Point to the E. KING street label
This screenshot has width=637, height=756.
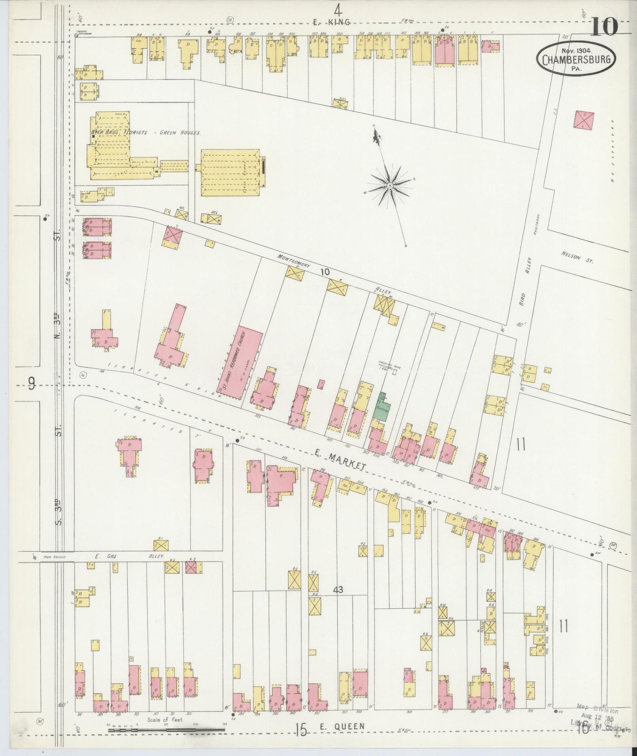pyautogui.click(x=331, y=22)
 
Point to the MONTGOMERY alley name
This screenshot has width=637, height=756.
pyautogui.click(x=294, y=261)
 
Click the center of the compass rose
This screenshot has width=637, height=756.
pyautogui.click(x=390, y=187)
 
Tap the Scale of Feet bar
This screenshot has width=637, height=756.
pyautogui.click(x=167, y=730)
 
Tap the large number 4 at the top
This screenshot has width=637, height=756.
pyautogui.click(x=338, y=9)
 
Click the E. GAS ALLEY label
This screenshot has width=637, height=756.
pyautogui.click(x=126, y=557)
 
